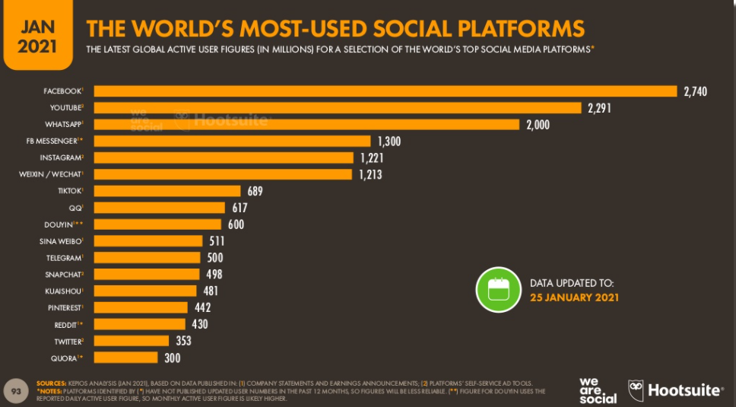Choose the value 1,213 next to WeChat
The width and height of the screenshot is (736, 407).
pyautogui.click(x=370, y=174)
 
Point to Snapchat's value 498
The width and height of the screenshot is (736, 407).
pyautogui.click(x=214, y=274)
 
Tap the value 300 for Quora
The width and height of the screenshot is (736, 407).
pyautogui.click(x=173, y=358)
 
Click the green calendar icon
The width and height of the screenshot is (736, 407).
pyautogui.click(x=497, y=290)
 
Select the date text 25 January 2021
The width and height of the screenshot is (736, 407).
pyautogui.click(x=574, y=297)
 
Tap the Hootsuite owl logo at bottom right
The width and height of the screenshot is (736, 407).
pyautogui.click(x=636, y=390)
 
